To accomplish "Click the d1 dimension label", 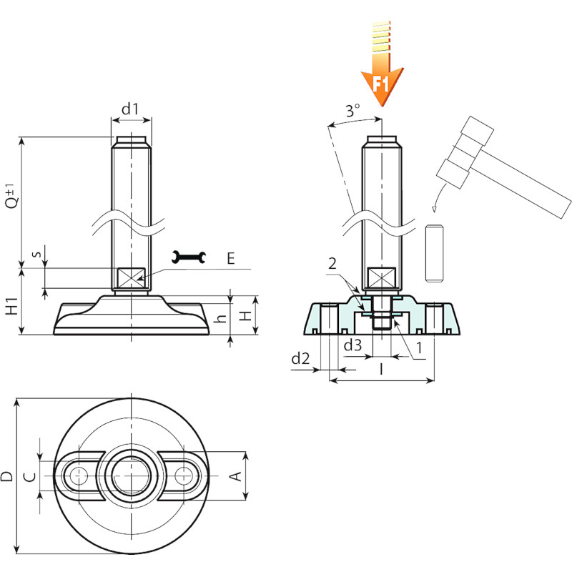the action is (130, 109).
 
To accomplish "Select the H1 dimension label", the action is (12, 307).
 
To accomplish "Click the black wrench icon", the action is (189, 257).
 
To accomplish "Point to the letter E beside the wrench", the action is (230, 258).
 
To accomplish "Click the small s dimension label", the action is (36, 253).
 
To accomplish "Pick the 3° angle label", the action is (352, 110).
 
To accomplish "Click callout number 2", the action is (332, 263).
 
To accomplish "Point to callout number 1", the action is (419, 347).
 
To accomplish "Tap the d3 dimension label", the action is (353, 345).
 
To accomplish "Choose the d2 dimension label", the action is (300, 359).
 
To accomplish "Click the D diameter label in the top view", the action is (6, 476).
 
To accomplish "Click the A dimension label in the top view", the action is (236, 476).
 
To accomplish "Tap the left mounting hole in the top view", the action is (79, 475).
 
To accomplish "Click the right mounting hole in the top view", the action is (184, 475).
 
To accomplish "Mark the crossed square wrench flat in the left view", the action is (131, 277).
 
